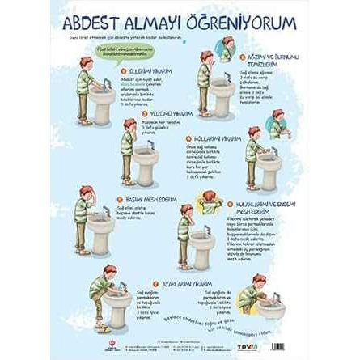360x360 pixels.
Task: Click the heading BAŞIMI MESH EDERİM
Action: point(145,197)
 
